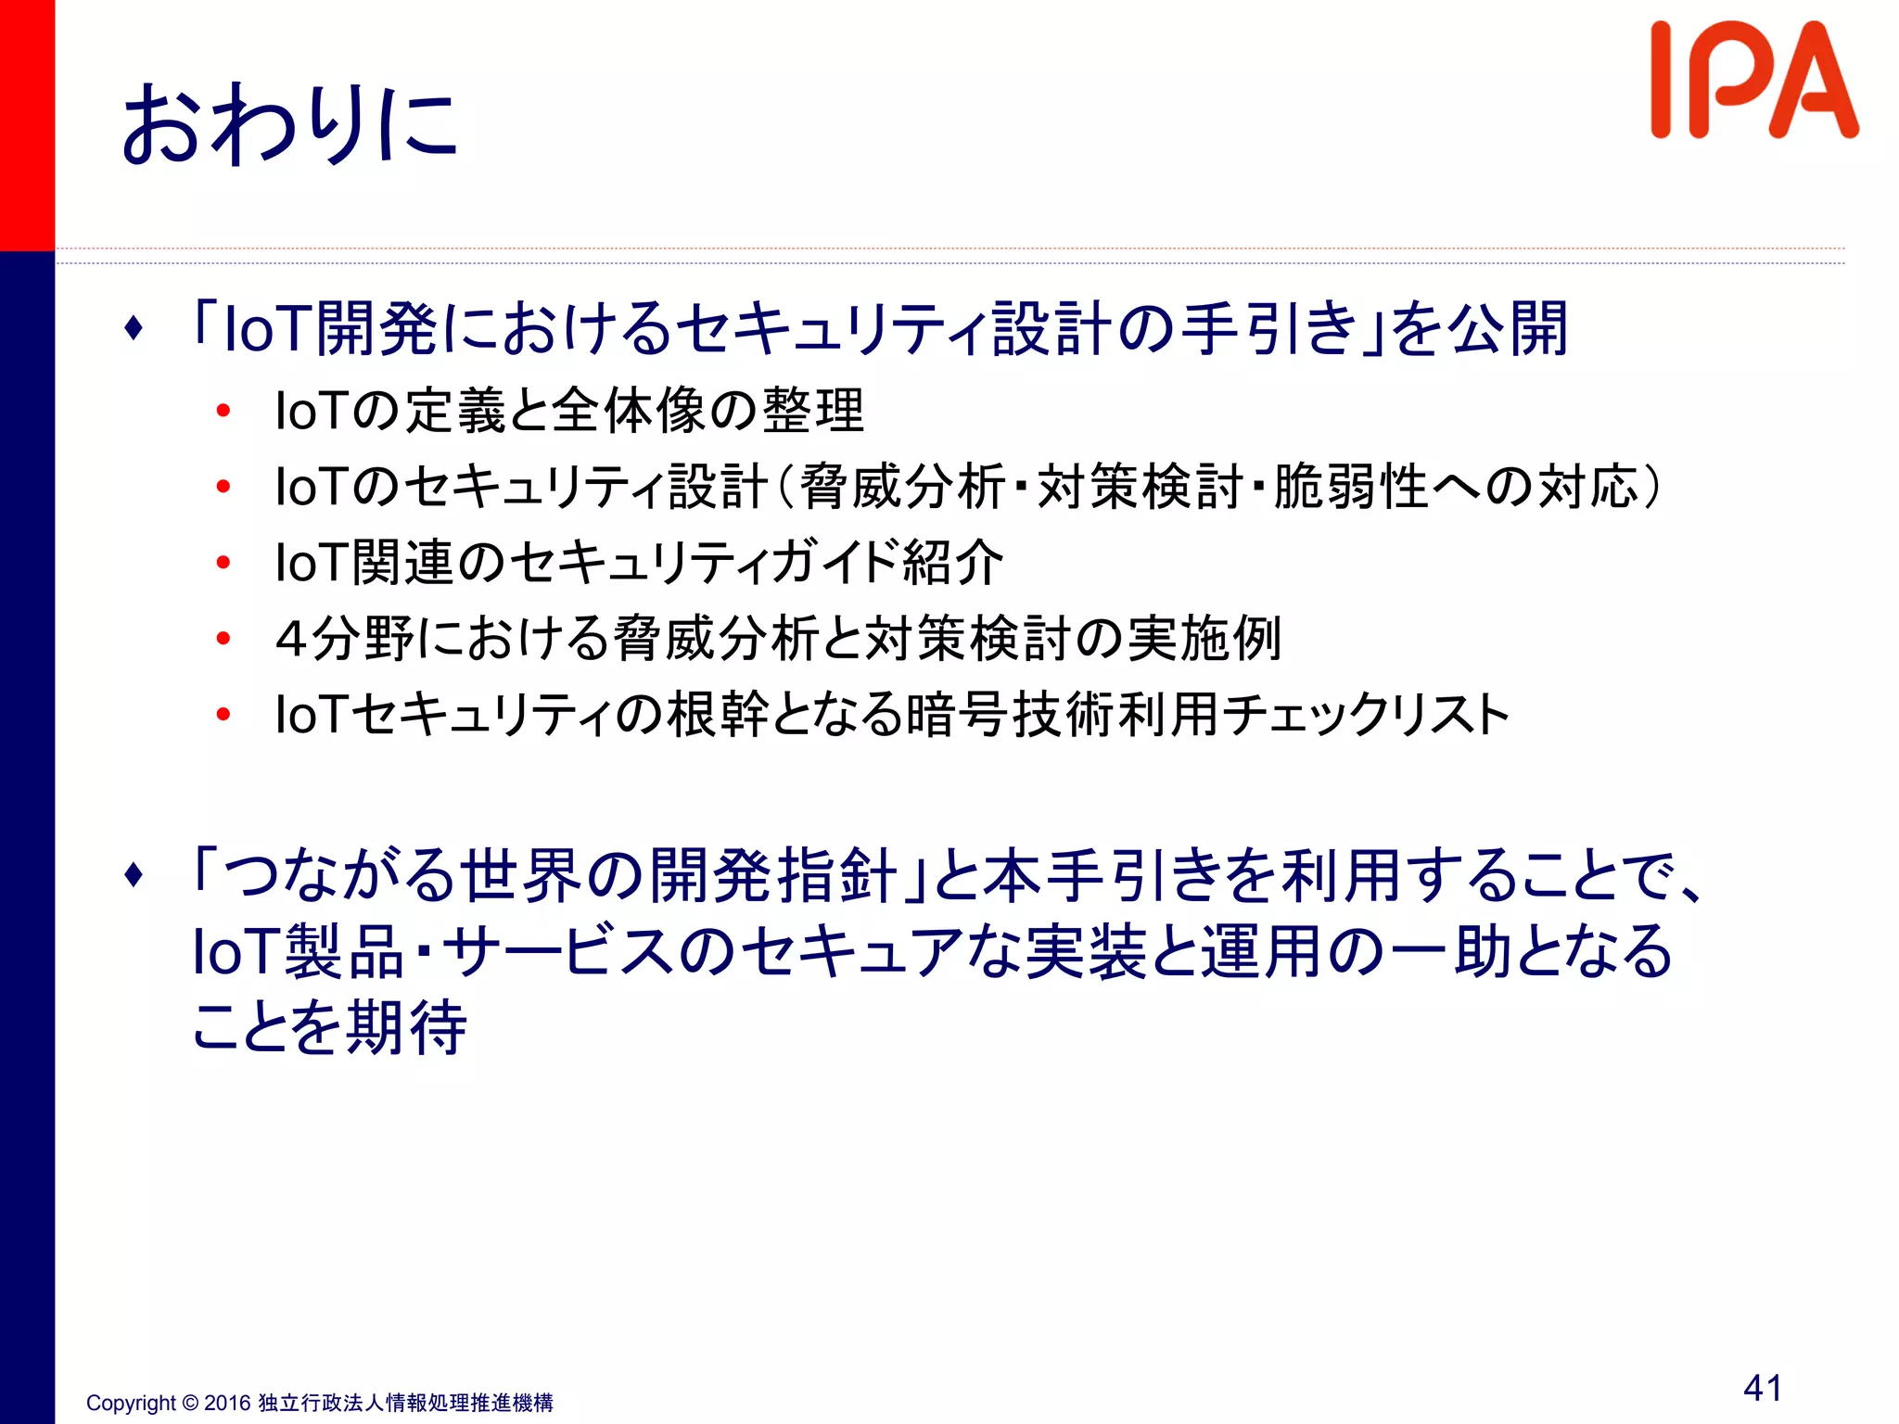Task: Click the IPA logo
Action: click(1753, 82)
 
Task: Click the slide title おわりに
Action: click(289, 125)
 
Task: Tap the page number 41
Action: click(1763, 1388)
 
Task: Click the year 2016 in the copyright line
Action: click(227, 1403)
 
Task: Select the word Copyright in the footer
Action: click(131, 1403)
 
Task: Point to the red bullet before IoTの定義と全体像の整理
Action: click(223, 411)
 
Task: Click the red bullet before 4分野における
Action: click(223, 638)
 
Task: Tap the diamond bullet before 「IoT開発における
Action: click(134, 328)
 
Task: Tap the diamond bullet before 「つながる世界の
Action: click(134, 875)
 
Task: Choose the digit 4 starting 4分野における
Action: click(291, 639)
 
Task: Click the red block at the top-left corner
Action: click(27, 125)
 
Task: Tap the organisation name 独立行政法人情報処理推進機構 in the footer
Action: click(405, 1403)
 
